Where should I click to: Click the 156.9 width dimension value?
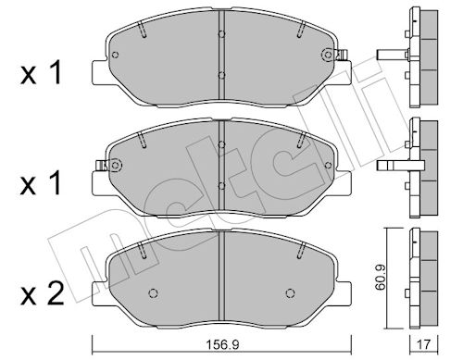coord(222,344)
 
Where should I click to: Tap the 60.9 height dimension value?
coord(381,280)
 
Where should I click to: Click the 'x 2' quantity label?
coord(42,293)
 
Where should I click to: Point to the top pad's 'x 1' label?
coord(41,73)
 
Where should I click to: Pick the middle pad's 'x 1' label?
coord(41,184)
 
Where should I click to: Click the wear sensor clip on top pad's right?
coord(344,56)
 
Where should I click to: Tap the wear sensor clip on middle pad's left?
coord(101,166)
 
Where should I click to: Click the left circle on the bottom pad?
coord(154,293)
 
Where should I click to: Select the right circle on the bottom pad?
coord(290,293)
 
